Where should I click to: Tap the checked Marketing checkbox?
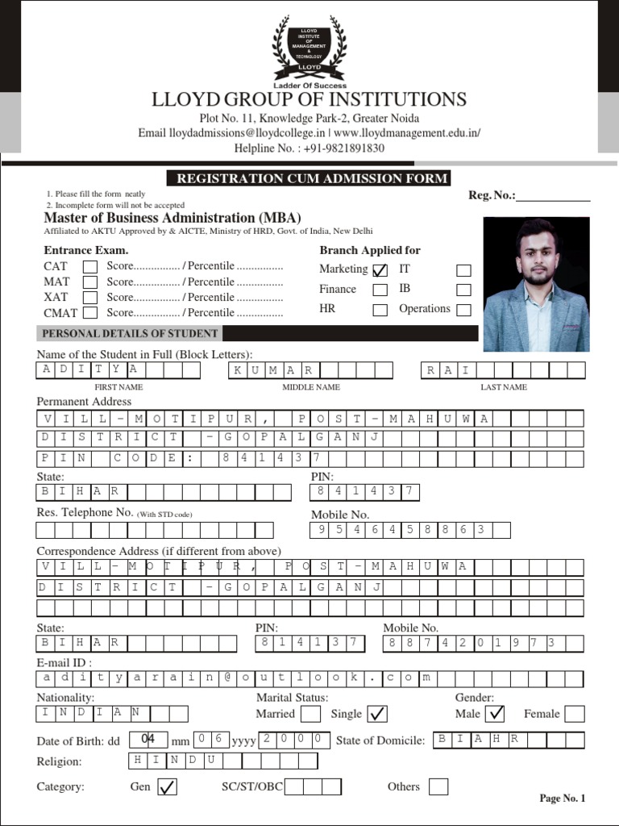380,270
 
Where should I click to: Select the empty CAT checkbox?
90,267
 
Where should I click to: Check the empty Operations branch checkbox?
463,310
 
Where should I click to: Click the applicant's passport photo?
536,284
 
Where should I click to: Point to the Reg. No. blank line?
553,197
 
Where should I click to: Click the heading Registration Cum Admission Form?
308,179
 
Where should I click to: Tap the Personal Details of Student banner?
130,333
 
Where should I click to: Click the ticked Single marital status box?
376,714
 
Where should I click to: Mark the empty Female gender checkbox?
574,714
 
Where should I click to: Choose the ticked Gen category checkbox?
167,787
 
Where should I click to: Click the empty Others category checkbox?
438,786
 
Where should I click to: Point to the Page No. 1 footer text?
562,799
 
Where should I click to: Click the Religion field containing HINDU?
222,761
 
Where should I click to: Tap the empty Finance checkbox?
380,290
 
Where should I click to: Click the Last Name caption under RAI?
504,387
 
